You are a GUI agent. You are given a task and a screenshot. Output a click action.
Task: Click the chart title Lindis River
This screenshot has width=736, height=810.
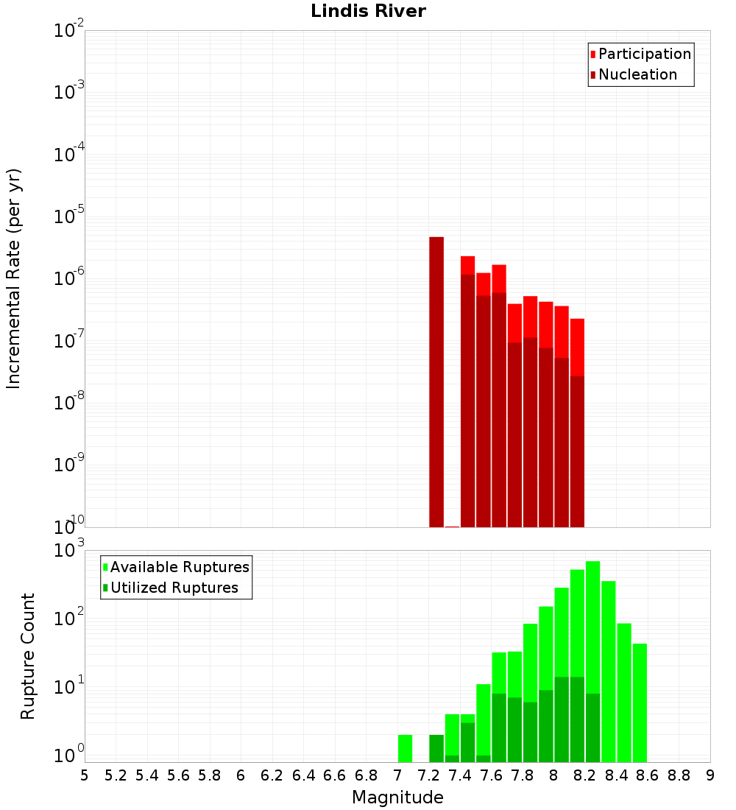368,11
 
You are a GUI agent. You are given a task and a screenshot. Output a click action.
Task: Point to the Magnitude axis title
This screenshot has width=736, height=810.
397,797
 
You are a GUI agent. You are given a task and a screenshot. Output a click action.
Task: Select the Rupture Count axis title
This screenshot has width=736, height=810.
28,656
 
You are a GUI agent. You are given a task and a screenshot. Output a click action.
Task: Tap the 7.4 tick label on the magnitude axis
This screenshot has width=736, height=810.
460,775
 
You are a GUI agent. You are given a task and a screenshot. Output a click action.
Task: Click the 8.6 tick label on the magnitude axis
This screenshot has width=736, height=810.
648,775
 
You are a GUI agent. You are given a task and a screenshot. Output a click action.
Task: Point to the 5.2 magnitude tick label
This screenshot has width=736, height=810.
116,775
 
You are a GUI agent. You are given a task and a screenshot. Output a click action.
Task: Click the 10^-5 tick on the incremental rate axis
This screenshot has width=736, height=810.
69,216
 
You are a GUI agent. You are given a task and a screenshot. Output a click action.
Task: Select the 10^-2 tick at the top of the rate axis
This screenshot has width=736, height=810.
69,31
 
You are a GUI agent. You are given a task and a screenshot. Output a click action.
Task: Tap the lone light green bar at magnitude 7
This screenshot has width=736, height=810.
405,748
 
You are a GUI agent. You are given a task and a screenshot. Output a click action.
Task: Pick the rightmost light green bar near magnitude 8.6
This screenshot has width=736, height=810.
640,702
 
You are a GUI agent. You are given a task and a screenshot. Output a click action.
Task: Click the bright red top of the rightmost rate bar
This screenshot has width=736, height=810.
577,346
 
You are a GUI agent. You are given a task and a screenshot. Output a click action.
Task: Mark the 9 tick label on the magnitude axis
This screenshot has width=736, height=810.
710,775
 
